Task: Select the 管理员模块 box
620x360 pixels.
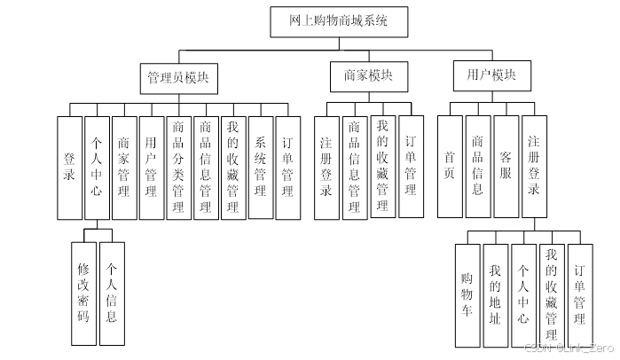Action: coord(178,77)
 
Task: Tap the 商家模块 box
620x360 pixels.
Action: coord(363,77)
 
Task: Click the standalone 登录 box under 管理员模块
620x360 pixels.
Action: coord(70,168)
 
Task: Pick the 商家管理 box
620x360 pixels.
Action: coord(124,168)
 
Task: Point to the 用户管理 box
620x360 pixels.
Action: coord(152,168)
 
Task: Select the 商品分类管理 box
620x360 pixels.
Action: coord(178,168)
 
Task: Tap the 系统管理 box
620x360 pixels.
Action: coord(261,168)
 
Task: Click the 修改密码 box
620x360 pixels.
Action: coord(83,293)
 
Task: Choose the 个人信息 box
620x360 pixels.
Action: coord(111,293)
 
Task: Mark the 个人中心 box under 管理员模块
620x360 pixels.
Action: coord(98,168)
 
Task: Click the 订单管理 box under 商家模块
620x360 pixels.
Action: coord(411,167)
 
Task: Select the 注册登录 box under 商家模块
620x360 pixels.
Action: coord(326,167)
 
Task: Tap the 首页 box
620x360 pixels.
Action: coord(450,167)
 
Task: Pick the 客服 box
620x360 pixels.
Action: coord(506,167)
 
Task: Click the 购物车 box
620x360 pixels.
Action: coord(467,295)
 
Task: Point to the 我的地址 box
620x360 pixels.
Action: coord(496,295)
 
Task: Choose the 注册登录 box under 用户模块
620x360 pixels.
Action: coord(534,167)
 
